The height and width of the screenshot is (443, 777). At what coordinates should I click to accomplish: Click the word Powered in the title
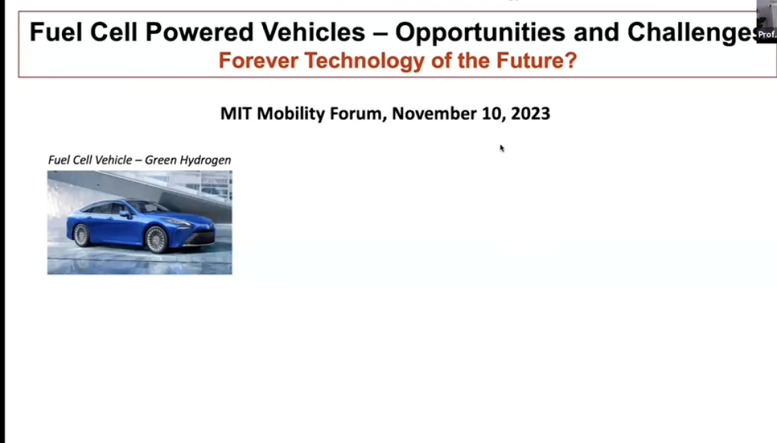tap(199, 32)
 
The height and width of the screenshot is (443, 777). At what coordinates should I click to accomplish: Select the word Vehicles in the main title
tap(313, 32)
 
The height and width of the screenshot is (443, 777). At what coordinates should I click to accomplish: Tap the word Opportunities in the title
tap(481, 33)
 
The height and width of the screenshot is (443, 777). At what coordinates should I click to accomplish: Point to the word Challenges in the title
tap(692, 33)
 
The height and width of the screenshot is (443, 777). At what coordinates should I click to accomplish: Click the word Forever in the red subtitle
tap(258, 61)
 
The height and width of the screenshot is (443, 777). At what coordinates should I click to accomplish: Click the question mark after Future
tap(571, 61)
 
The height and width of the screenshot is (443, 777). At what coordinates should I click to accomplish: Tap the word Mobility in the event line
tap(291, 114)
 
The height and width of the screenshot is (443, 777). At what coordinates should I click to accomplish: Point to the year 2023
tap(530, 113)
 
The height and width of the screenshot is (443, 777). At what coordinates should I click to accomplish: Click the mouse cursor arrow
tap(502, 148)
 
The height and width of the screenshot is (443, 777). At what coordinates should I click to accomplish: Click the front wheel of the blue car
tap(156, 239)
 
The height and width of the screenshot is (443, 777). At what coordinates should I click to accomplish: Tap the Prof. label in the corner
tap(767, 34)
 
